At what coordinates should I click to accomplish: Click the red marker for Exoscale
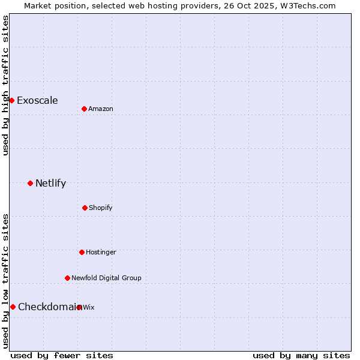11,100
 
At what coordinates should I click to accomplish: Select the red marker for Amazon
84,109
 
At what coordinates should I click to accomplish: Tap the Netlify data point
30,183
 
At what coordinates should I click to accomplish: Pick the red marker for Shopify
85,208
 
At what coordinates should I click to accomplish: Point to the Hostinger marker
82,252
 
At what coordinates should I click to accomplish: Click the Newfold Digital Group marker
67,278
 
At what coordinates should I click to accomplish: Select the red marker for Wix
79,307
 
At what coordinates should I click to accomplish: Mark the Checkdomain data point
13,307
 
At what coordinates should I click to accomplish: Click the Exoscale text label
37,100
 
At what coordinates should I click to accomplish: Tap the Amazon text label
101,109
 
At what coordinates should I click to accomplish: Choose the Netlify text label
50,183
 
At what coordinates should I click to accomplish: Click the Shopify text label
101,208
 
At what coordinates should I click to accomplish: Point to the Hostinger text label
101,252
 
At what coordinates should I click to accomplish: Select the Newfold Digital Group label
106,278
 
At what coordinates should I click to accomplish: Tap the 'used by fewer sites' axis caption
62,355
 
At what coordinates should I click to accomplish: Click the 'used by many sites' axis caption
301,355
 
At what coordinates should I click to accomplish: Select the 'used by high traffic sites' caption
5,85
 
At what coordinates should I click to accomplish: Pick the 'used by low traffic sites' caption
5,281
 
